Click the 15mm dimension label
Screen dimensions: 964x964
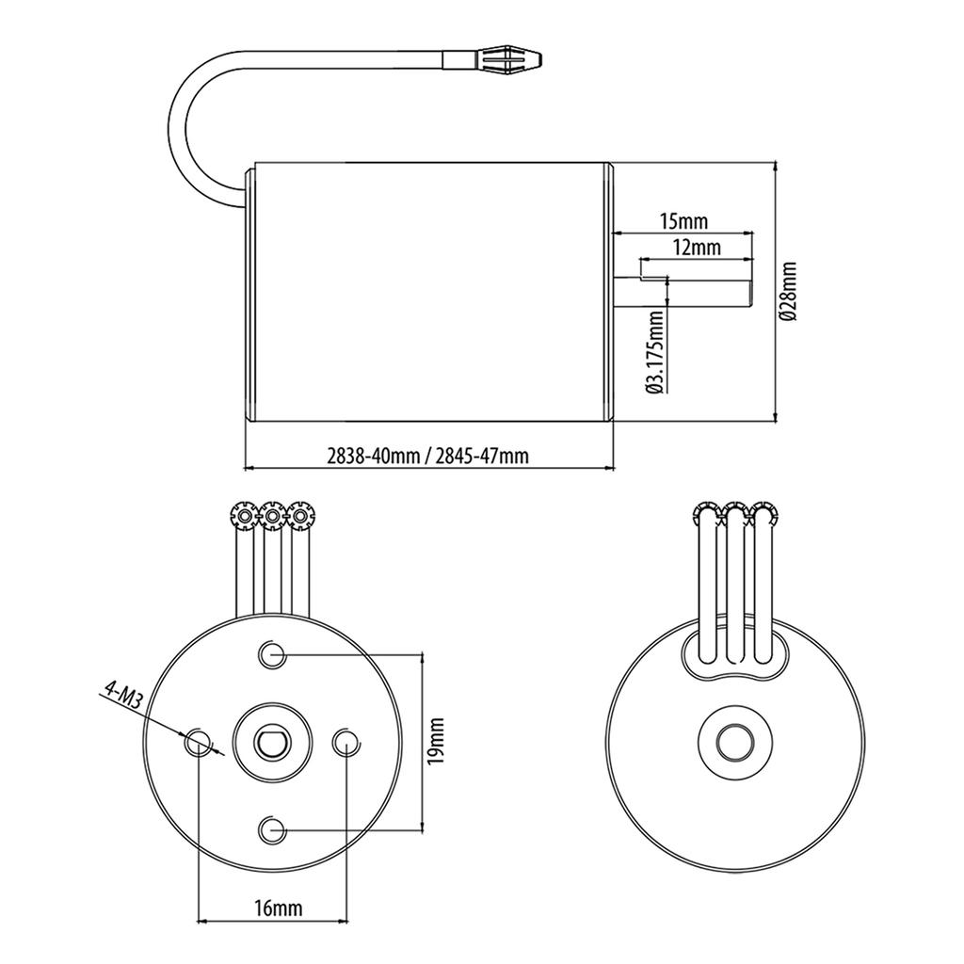683,221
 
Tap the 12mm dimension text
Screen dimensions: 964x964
697,248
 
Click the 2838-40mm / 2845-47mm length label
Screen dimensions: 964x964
427,457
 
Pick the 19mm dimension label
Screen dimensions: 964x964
436,741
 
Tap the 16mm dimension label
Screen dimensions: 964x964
279,908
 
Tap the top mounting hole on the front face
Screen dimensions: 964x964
272,654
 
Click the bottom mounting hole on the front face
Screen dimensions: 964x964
272,830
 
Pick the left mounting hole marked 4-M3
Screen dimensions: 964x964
198,742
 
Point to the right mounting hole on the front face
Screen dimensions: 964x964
345,742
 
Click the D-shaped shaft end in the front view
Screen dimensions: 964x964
271,742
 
